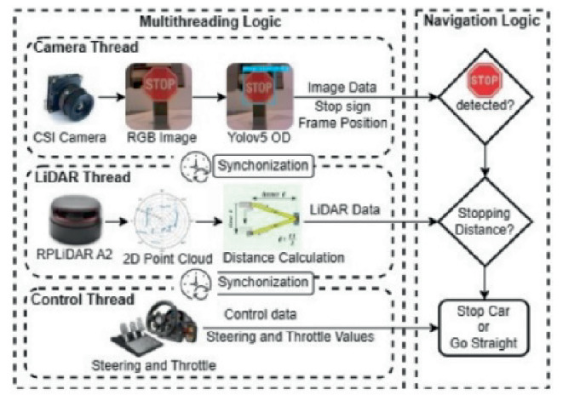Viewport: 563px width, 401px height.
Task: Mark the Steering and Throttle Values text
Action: coord(300,337)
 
